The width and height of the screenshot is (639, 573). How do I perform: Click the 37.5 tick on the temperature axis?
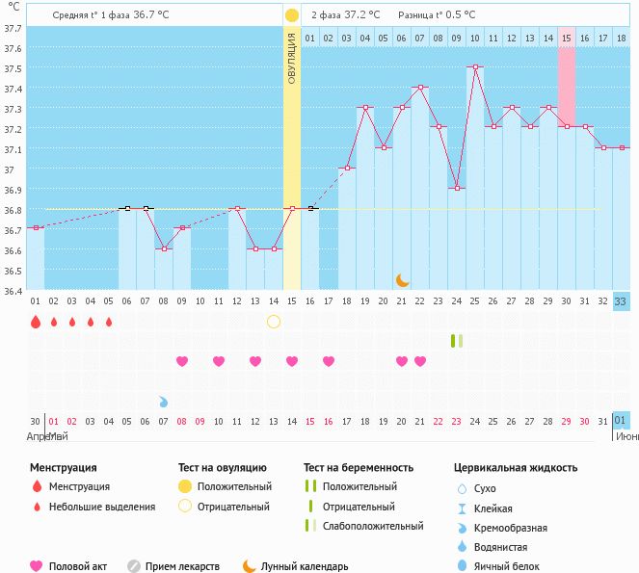[x=12, y=68]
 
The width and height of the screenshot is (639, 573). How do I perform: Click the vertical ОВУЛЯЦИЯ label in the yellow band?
[x=292, y=58]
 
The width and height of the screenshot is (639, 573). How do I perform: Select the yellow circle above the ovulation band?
[x=292, y=15]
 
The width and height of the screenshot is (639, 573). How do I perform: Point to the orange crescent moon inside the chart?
[x=403, y=280]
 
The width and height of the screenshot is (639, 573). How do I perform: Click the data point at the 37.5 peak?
[x=474, y=67]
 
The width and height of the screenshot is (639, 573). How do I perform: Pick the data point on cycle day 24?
[x=456, y=189]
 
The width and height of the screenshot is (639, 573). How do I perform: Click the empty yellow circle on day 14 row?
[x=274, y=321]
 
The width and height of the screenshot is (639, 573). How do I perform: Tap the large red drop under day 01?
[x=36, y=322]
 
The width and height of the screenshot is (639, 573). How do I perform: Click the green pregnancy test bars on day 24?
[x=456, y=341]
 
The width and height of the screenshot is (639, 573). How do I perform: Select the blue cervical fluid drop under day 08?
[x=164, y=401]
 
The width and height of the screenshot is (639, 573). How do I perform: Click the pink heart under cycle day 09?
[x=182, y=361]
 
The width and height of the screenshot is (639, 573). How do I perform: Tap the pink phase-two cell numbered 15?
[x=567, y=38]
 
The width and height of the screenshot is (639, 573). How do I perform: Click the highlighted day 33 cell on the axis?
[x=621, y=301]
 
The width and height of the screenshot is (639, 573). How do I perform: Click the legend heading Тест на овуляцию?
[x=223, y=468]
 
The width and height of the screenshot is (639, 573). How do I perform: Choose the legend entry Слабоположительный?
[x=372, y=526]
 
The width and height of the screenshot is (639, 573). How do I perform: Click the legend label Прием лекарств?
[x=182, y=566]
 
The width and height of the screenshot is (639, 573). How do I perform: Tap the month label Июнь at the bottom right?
[x=626, y=436]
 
